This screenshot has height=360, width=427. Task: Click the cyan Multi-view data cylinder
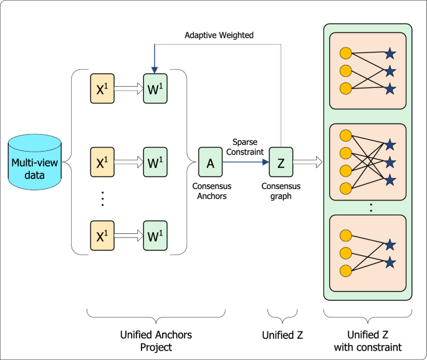pos(36,166)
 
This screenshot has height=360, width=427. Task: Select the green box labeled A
pos(211,163)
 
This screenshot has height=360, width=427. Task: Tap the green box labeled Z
pos(281,163)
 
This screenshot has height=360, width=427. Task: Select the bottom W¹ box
pos(155,237)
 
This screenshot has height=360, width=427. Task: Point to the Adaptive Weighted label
pos(219,36)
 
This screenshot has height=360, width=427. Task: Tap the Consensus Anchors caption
pos(209,191)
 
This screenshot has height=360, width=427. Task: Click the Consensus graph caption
pos(281,191)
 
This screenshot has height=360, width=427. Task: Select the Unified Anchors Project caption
pos(155,341)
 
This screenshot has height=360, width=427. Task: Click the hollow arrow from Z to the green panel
pos(309,163)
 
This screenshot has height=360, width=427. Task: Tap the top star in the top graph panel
pos(391,54)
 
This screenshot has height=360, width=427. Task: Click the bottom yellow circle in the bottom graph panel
pos(345,270)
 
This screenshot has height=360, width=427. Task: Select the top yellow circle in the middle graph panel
pos(345,135)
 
